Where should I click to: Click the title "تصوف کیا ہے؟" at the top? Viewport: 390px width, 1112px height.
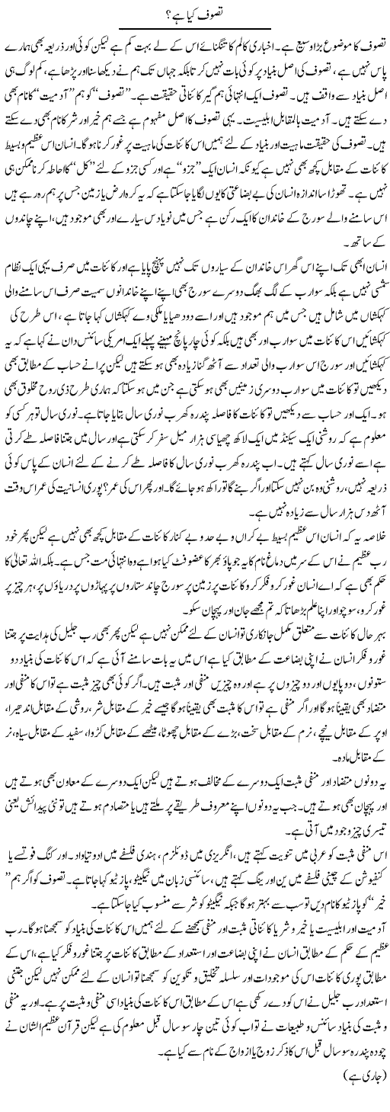(195, 12)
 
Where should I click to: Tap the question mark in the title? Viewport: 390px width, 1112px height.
(162, 12)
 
